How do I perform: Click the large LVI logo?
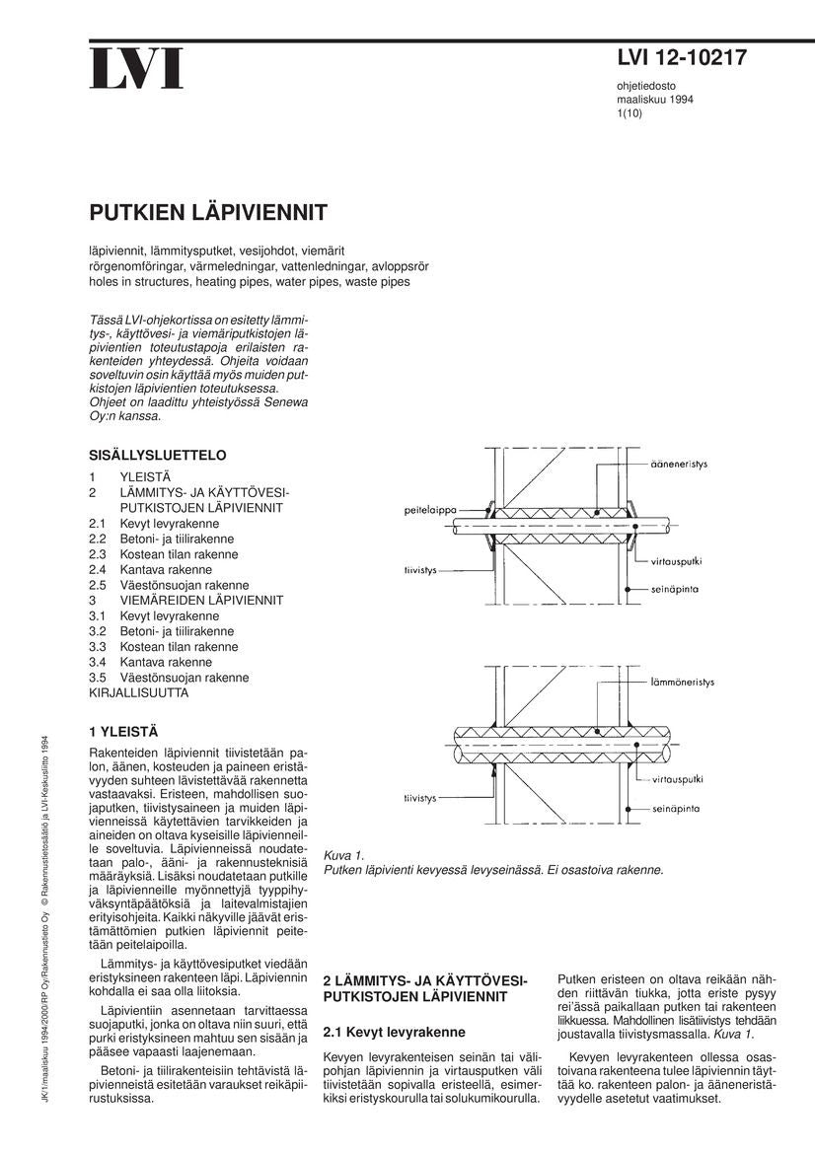pyautogui.click(x=137, y=68)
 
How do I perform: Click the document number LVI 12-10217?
pyautogui.click(x=681, y=59)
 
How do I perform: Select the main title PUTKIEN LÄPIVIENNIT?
pyautogui.click(x=208, y=213)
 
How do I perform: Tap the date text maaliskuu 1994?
pyautogui.click(x=654, y=100)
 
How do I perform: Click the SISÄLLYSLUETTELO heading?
pyautogui.click(x=158, y=455)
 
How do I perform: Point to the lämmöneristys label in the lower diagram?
pyautogui.click(x=682, y=682)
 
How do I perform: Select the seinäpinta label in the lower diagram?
pyautogui.click(x=676, y=808)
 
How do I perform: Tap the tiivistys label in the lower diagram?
pyautogui.click(x=420, y=797)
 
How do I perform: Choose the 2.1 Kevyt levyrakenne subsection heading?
pyautogui.click(x=394, y=1033)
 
